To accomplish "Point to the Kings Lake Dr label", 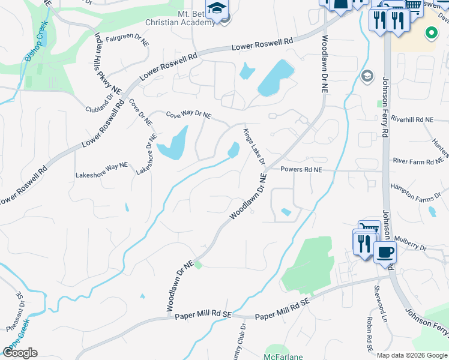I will click(x=254, y=146).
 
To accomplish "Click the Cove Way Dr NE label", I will click(x=188, y=114).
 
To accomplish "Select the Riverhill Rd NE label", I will click(x=412, y=120).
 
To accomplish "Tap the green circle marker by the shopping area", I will click(x=431, y=33).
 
